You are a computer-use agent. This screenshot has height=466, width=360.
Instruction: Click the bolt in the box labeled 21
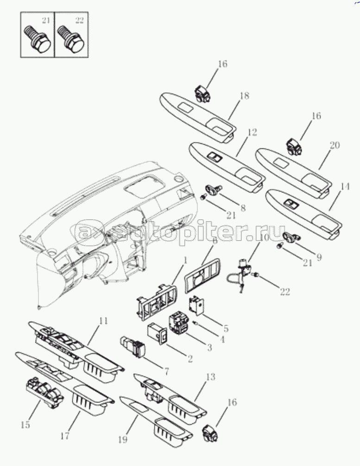click(x=37, y=38)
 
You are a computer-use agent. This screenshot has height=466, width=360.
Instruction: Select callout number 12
click(x=252, y=132)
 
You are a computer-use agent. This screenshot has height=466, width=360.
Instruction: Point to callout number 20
click(x=335, y=145)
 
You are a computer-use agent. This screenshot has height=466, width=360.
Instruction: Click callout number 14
click(x=345, y=187)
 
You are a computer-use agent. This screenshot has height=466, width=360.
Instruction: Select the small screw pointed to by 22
click(x=255, y=275)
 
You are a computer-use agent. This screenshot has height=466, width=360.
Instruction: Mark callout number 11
click(x=103, y=321)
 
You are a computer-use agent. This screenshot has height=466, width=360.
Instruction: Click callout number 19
click(x=123, y=439)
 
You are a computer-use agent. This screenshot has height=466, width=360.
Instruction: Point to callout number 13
click(x=210, y=377)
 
